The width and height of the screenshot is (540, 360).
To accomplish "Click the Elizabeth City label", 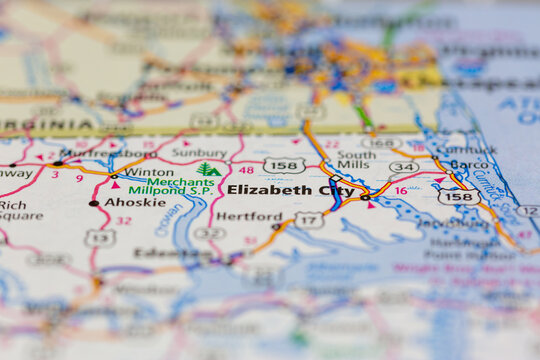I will (290, 189).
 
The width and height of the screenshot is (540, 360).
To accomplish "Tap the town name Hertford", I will (249, 215).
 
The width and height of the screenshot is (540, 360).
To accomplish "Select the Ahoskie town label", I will (134, 201).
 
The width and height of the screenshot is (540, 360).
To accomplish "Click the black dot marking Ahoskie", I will (94, 203).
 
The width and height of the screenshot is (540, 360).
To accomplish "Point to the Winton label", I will (149, 172).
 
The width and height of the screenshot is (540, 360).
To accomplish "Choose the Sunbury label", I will (199, 153).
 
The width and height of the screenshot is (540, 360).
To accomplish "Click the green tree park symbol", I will (208, 169).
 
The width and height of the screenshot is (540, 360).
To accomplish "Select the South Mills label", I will (356, 161).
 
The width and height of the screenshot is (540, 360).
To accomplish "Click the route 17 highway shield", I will (309, 219).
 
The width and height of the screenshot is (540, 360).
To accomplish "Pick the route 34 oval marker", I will (403, 167).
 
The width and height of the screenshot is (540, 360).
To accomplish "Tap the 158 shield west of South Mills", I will (284, 165).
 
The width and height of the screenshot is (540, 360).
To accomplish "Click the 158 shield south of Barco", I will (458, 197).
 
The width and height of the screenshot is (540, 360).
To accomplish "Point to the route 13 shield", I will (99, 237).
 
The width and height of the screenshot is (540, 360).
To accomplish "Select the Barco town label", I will (469, 164).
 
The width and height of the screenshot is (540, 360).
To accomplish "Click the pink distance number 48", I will (246, 171).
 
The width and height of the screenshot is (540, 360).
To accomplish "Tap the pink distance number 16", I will (401, 190).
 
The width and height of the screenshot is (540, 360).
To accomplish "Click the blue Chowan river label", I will (168, 219).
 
